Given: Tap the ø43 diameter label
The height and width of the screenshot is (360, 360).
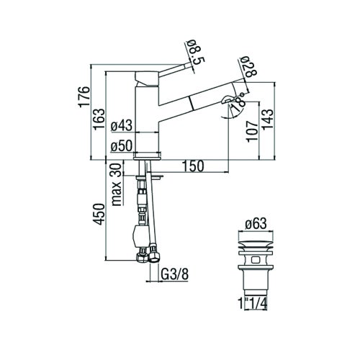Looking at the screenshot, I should point(122,127).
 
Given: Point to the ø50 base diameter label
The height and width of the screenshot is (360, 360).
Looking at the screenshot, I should point(122,147).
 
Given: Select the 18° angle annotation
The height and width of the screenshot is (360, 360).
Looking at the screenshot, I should point(238,104).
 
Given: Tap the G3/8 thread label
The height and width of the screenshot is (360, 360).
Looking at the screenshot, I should point(173,274).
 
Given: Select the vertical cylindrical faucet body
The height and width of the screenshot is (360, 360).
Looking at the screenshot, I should point(147,115).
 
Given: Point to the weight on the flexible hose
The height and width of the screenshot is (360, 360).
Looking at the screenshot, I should point(142,235).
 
